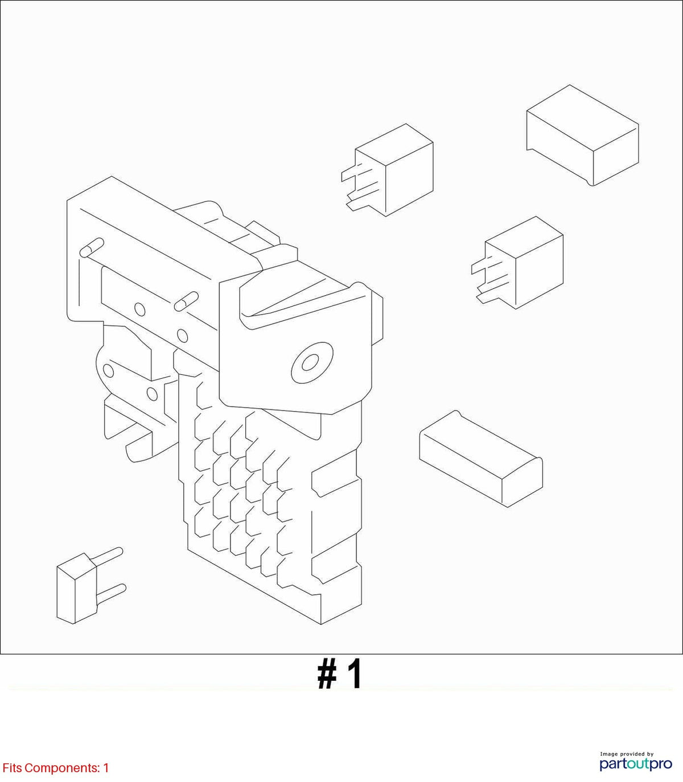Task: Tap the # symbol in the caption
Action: [x=327, y=676]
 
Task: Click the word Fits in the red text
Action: [x=12, y=768]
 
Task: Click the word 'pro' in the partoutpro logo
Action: [x=660, y=764]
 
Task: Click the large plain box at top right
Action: [x=582, y=135]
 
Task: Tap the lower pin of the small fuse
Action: [x=111, y=593]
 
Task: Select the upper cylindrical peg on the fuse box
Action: [x=92, y=247]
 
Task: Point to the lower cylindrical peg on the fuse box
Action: [x=186, y=301]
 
